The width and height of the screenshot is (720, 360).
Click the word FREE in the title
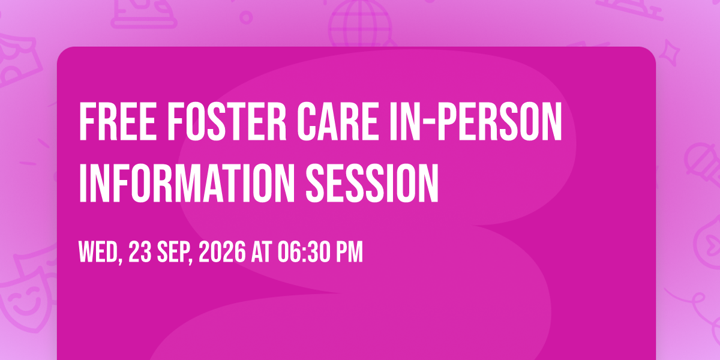coord(118,121)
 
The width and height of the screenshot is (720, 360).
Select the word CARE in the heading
coord(337,121)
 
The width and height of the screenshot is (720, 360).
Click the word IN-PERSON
coord(476,121)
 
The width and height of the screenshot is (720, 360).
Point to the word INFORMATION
coord(187,183)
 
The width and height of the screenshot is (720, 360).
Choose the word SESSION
coord(372,183)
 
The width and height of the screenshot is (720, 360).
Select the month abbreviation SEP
coord(175,253)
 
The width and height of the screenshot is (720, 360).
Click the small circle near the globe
coord(246,17)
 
